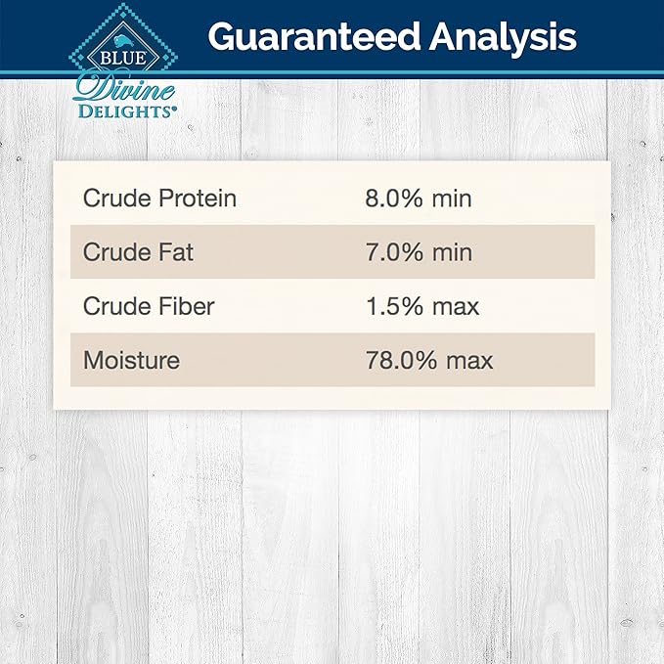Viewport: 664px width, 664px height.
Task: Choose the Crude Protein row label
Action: pos(159,199)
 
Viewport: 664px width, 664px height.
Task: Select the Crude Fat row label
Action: pos(138,252)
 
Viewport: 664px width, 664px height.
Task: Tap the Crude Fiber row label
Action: pos(149,306)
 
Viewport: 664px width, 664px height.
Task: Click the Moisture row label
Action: pos(132,360)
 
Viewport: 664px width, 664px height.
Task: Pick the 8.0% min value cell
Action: pos(418,199)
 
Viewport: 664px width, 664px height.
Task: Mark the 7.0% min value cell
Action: pos(418,252)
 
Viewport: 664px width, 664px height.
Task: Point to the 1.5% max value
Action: pos(421,306)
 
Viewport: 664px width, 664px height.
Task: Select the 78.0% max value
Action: pos(428,360)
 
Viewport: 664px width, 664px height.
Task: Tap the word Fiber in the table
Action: pos(185,306)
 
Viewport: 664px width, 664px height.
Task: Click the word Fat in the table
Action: pos(174,252)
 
